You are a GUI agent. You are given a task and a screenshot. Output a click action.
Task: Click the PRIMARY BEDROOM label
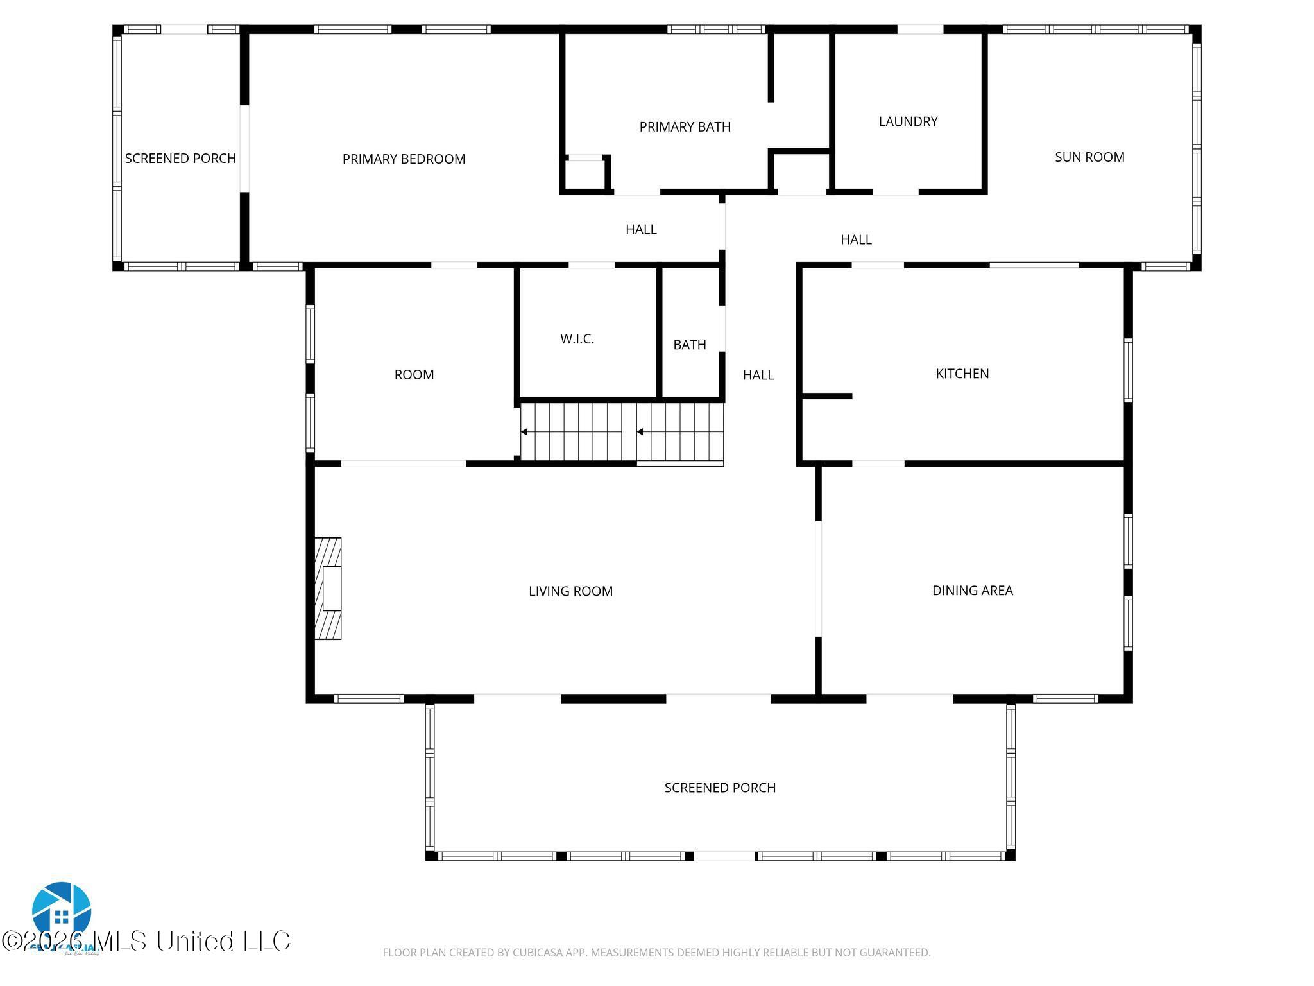coord(404,159)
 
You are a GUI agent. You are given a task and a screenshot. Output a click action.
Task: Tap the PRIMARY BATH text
coord(685,127)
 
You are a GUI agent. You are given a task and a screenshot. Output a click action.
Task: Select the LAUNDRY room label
coord(908,121)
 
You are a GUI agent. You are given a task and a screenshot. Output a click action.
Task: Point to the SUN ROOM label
coord(1089,157)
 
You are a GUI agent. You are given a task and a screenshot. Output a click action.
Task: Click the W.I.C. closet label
coord(577,339)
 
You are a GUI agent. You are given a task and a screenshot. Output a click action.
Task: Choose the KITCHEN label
coord(962,374)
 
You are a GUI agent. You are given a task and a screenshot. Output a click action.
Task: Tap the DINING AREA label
coord(972,591)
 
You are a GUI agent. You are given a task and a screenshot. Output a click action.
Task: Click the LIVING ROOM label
coord(570,591)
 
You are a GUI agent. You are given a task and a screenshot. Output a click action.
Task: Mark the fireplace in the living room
coord(328,588)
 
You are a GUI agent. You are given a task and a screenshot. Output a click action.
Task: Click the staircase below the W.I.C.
coord(621,431)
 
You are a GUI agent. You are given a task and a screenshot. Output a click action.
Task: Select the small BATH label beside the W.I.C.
coord(690,345)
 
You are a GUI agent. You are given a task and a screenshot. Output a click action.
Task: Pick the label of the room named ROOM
coord(414,375)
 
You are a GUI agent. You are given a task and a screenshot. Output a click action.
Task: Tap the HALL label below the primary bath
coord(641,229)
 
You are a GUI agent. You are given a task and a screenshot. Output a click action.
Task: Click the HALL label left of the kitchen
coord(758,375)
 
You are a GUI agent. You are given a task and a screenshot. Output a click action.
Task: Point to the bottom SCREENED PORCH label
coord(720,788)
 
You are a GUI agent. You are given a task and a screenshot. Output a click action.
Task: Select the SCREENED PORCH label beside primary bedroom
coord(180,159)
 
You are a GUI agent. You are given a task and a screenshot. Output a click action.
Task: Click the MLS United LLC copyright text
coord(146,941)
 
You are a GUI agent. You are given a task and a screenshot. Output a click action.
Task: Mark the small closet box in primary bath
coord(584,173)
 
